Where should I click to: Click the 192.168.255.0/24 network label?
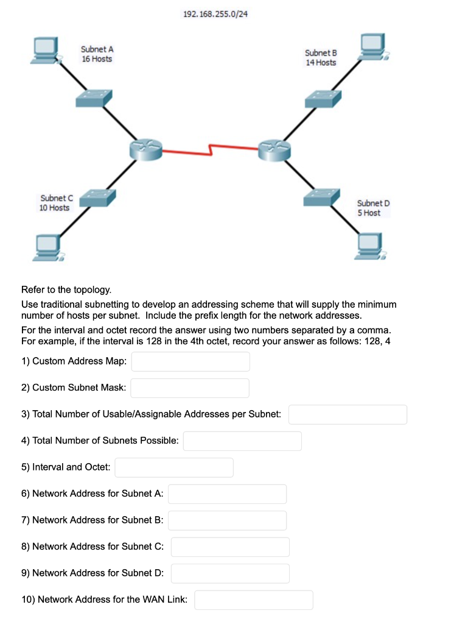215,14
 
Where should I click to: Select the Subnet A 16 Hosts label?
97,54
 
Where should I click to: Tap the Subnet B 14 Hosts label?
321,58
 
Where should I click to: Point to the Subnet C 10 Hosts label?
55,203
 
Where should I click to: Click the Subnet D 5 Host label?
373,208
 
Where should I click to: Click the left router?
145,147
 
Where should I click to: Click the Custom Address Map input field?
190,361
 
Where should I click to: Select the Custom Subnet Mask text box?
190,388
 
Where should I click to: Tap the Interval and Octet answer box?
174,467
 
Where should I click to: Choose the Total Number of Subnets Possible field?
242,441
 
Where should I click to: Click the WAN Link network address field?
254,600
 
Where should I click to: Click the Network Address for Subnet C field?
230,547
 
